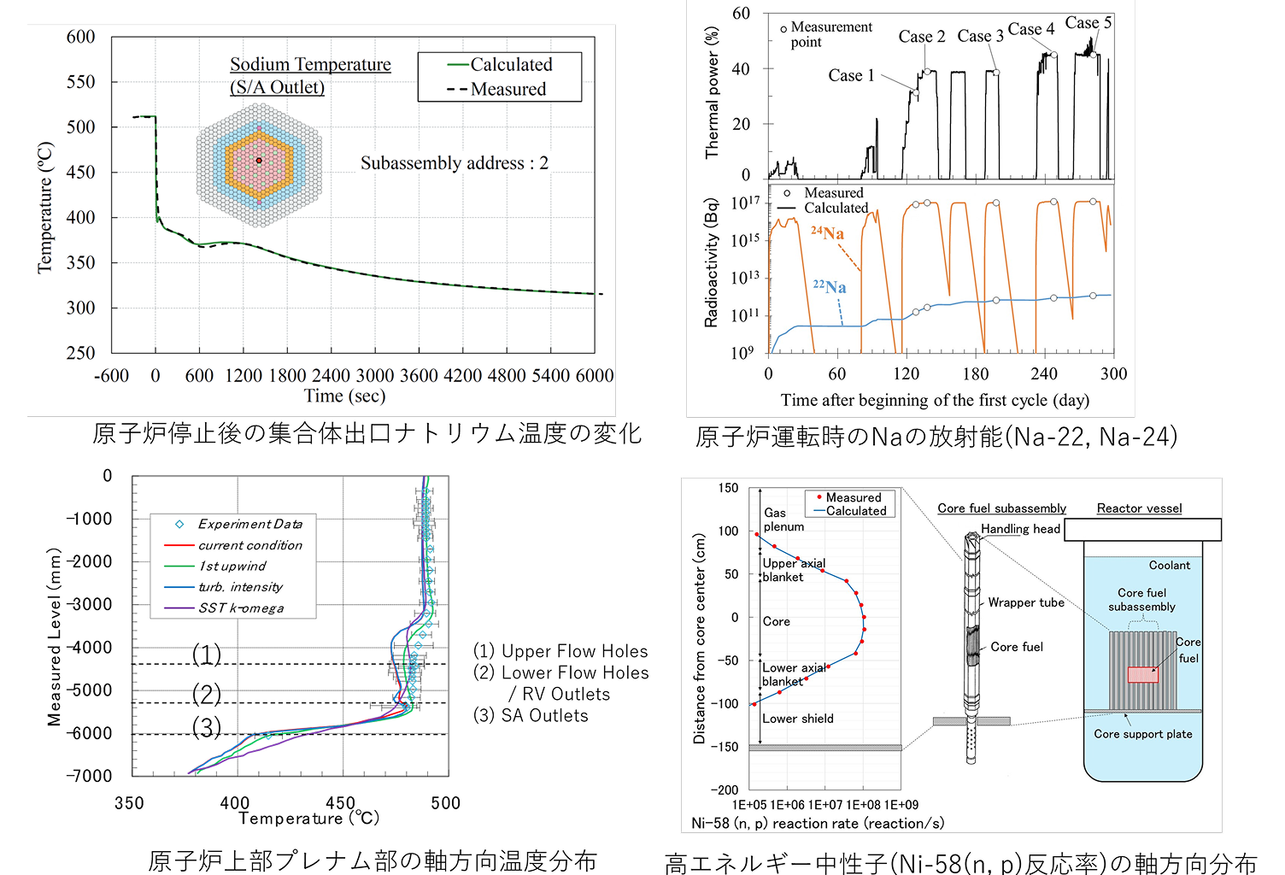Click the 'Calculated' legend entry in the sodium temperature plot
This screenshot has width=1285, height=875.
pyautogui.click(x=499, y=64)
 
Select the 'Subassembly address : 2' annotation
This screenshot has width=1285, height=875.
pyautogui.click(x=455, y=163)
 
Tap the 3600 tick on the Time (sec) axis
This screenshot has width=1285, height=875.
pyautogui.click(x=419, y=375)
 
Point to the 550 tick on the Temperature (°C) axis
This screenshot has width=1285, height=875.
pyautogui.click(x=81, y=81)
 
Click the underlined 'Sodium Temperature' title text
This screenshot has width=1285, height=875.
pyautogui.click(x=310, y=64)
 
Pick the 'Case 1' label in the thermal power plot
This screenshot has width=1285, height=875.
pyautogui.click(x=851, y=75)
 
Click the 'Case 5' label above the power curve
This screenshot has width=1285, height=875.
pyautogui.click(x=1088, y=22)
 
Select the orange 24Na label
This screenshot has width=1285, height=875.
pyautogui.click(x=827, y=232)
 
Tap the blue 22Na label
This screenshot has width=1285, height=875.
pyautogui.click(x=830, y=286)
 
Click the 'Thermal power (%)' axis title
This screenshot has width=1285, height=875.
pyautogui.click(x=712, y=91)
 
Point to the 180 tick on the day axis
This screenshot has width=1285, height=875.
pyautogui.click(x=975, y=374)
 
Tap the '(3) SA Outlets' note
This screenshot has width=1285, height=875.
pyautogui.click(x=531, y=715)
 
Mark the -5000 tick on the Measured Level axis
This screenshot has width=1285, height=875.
pyautogui.click(x=89, y=690)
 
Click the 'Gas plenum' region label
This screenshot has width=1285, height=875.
pyautogui.click(x=783, y=520)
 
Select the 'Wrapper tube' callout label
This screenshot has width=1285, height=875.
pyautogui.click(x=1026, y=602)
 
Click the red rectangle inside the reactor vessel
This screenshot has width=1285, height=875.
pyautogui.click(x=1142, y=674)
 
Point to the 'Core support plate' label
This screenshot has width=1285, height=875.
pyautogui.click(x=1142, y=734)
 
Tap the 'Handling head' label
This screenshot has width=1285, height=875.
pyautogui.click(x=1020, y=528)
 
